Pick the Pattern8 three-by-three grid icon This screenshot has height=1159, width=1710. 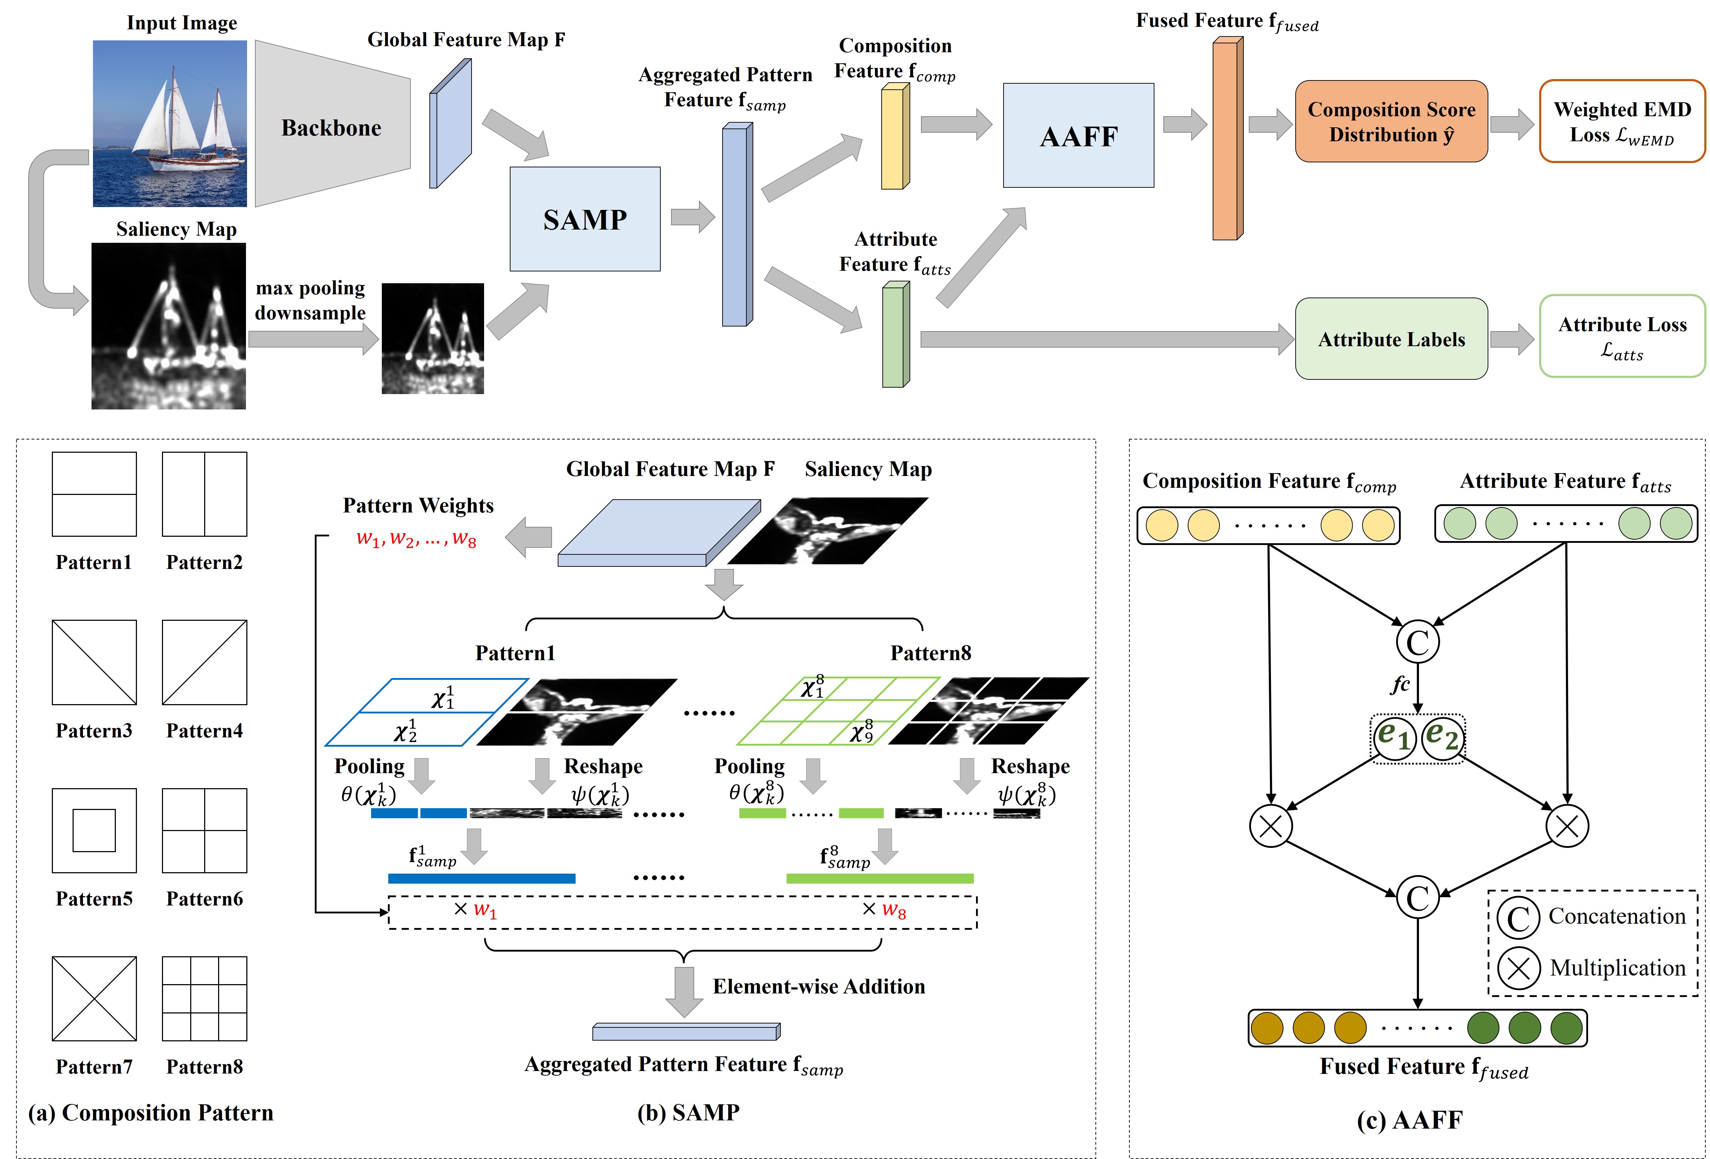(x=204, y=998)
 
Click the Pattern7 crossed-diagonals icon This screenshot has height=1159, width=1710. (x=94, y=998)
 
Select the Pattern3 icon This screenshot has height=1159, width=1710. (x=94, y=662)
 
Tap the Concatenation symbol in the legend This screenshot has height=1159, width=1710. (x=1518, y=918)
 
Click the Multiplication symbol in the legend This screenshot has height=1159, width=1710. (x=1518, y=968)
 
